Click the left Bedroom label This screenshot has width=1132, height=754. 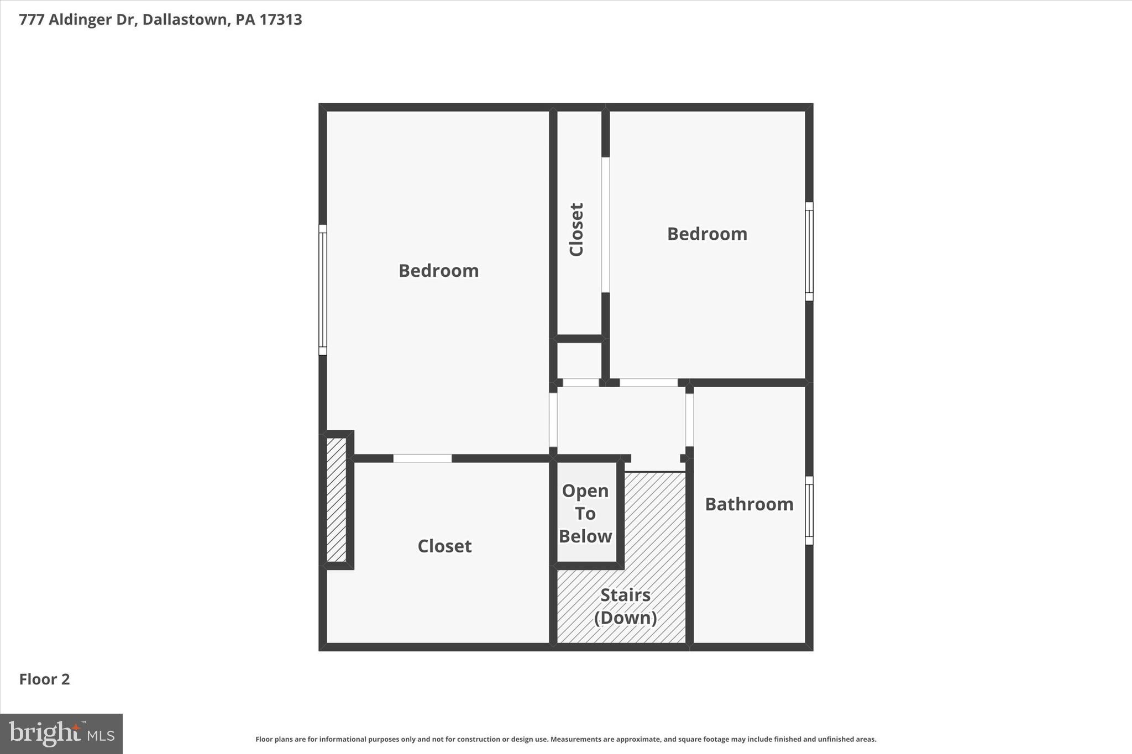pos(438,271)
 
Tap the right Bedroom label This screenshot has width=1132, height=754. pos(707,234)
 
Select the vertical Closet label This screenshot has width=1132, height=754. pos(577,229)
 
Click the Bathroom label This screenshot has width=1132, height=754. pos(749,504)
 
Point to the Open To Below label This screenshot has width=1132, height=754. pos(585,514)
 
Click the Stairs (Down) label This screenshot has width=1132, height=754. pos(625,606)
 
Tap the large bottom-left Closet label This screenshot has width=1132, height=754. pos(444,546)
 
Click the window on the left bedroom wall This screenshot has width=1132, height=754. pos(323,289)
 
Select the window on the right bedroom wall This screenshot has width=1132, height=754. pos(809,251)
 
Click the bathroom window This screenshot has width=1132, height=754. pos(809,510)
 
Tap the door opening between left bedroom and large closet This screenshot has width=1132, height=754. pos(422,458)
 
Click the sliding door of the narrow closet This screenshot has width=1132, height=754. pos(605,225)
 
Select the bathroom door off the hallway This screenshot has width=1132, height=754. pos(689,420)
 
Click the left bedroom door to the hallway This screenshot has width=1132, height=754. pos(553,420)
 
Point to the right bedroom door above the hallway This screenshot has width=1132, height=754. pos(648,382)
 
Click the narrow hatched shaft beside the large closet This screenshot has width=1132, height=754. pos(336,499)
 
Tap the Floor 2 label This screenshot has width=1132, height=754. pos(45,679)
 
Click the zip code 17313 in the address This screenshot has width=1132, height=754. pos(281,20)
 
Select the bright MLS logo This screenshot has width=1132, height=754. pos(61,734)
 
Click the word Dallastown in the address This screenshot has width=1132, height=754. pos(185,20)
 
